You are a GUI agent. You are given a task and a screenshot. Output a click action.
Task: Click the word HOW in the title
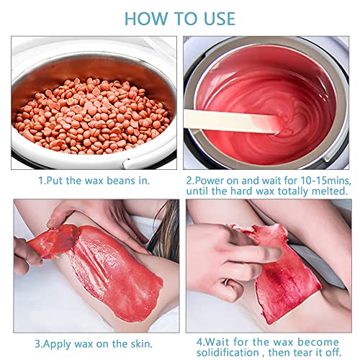146,19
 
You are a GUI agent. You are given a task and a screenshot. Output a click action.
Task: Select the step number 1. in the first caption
42,181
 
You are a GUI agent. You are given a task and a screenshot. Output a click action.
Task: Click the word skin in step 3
142,344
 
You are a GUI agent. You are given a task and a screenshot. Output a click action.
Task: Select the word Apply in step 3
58,344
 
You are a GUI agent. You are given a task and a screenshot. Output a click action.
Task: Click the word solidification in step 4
228,353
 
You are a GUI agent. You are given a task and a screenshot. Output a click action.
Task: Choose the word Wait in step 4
217,342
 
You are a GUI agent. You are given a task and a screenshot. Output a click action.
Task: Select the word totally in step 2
294,192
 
